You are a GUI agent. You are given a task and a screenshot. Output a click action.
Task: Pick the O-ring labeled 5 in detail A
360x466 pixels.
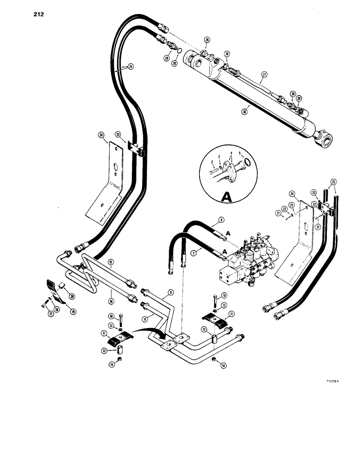(249, 164)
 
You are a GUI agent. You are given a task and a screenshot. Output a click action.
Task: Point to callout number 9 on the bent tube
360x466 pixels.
(170, 292)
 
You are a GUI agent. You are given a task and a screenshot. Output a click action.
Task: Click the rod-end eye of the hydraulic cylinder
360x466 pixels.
(325, 138)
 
